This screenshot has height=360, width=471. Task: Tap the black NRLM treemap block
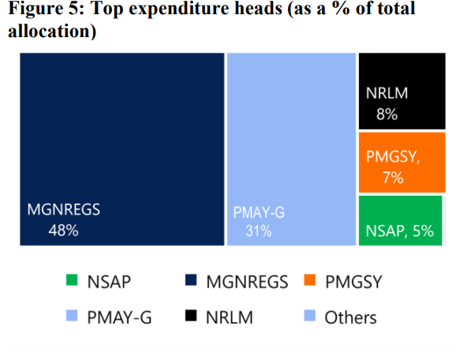[402, 91]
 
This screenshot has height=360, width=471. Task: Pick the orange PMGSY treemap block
[402, 163]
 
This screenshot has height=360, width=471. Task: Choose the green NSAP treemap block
[400, 220]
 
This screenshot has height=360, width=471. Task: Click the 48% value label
[63, 231]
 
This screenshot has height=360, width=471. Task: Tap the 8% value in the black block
[387, 114]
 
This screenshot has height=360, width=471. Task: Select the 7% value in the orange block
[393, 178]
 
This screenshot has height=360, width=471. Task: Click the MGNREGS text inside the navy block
[64, 211]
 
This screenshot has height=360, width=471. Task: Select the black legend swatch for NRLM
[190, 317]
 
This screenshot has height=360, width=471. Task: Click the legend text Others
[350, 317]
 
